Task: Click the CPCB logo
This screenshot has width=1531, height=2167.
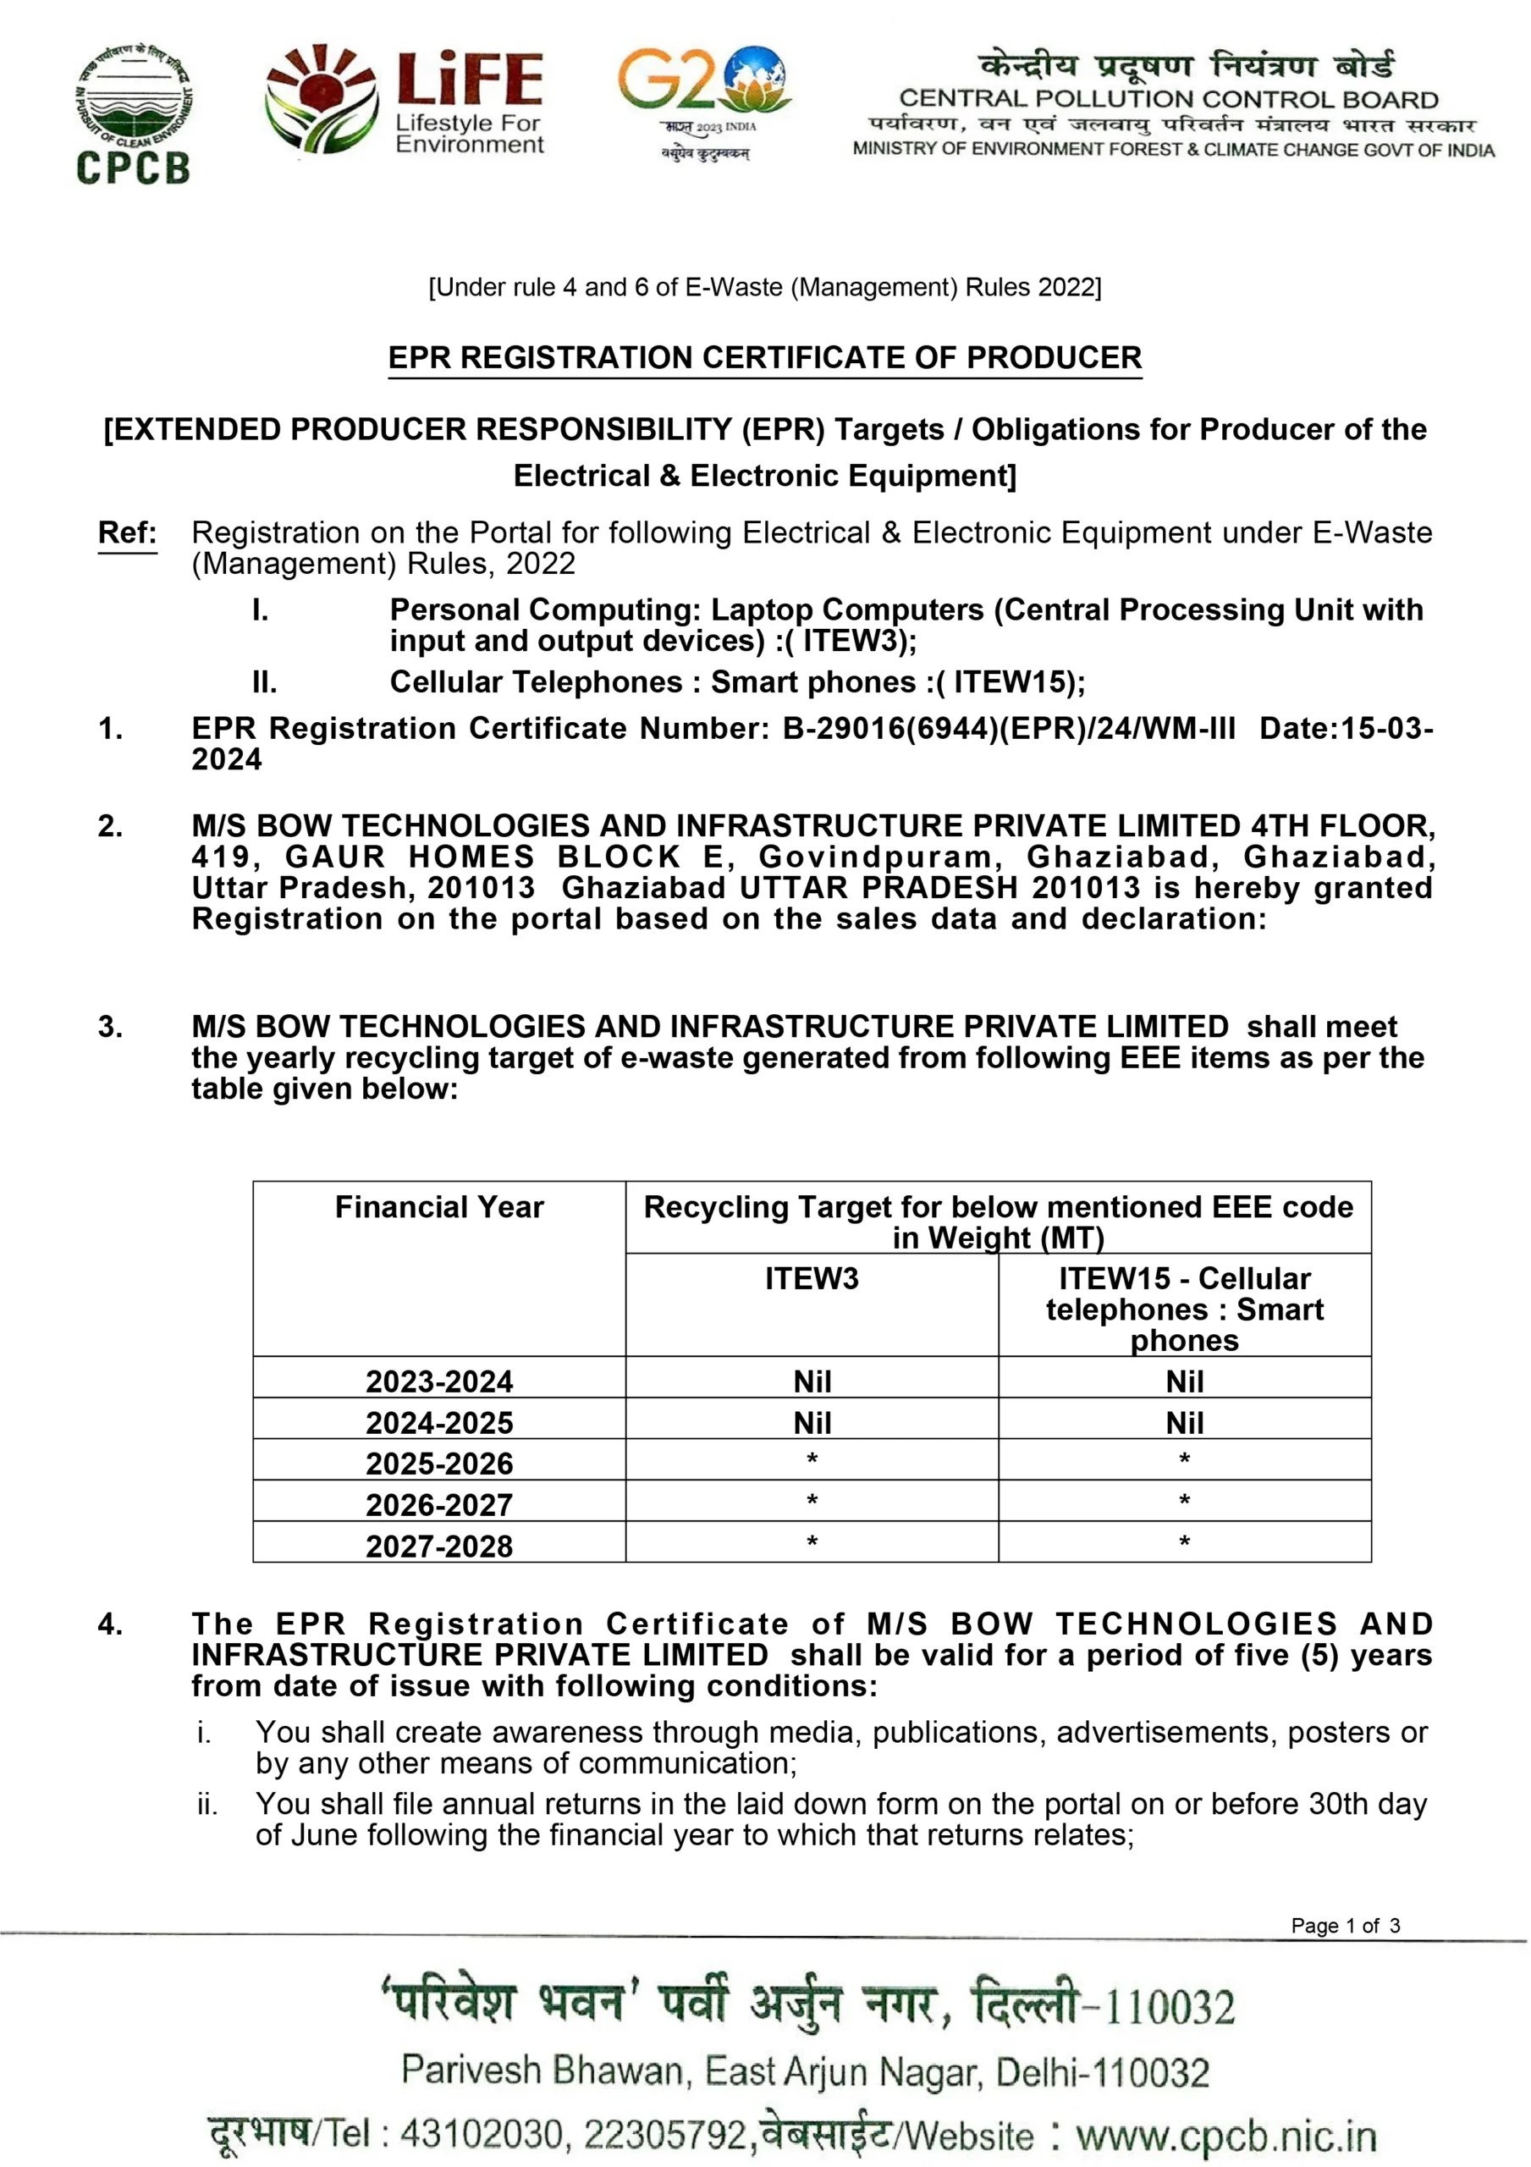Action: [133, 113]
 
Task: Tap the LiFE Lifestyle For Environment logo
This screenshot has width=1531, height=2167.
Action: [404, 101]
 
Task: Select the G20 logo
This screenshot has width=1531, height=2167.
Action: [704, 100]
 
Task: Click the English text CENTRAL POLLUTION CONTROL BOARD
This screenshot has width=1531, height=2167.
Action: [1168, 99]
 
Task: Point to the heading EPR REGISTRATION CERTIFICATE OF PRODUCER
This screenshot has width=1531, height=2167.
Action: [764, 358]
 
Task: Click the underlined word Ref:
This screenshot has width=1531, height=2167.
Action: [128, 532]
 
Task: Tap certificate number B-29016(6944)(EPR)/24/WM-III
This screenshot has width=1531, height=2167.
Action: [1008, 729]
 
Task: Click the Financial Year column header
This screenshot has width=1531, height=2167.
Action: [439, 1207]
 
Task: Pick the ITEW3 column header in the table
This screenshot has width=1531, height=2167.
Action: [812, 1279]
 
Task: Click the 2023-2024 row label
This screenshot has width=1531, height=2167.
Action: [439, 1381]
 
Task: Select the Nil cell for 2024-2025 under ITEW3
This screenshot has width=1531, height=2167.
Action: [812, 1422]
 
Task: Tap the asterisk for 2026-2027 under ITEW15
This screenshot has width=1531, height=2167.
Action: [1185, 1501]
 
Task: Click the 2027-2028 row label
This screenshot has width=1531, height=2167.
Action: [439, 1546]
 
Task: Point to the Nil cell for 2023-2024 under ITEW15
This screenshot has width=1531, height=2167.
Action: [1185, 1381]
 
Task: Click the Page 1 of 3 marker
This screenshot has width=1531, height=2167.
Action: [1345, 1926]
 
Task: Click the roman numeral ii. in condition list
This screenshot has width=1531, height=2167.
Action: [207, 1805]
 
